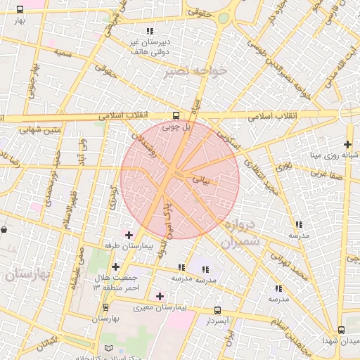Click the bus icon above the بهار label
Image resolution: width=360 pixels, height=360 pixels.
(19, 10)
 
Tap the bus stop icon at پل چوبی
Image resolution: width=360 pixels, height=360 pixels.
(176, 116)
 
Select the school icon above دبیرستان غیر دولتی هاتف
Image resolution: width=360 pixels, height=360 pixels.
(150, 32)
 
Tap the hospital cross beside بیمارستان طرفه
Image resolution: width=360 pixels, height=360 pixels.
(128, 235)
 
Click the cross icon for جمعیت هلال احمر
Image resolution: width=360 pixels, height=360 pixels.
(116, 266)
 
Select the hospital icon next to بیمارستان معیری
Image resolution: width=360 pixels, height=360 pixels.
(160, 296)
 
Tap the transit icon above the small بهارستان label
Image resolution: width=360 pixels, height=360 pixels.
(105, 307)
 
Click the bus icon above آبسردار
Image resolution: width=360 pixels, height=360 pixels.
(217, 309)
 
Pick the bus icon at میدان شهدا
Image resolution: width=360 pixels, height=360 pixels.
(341, 330)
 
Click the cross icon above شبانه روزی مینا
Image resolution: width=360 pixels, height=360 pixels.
(347, 144)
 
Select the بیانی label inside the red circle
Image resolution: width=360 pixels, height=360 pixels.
(201, 180)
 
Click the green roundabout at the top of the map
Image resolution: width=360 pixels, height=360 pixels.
(224, 18)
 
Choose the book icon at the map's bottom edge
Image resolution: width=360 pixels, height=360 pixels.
(108, 348)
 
